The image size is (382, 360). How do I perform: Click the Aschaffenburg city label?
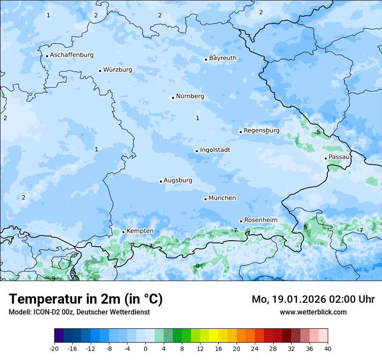(72, 55)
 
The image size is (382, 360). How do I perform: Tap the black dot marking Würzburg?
(100, 71)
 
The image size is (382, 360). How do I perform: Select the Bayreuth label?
(223, 58)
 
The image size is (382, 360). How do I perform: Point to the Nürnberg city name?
(190, 96)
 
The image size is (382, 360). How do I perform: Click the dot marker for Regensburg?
(240, 132)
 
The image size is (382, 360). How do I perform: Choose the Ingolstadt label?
(215, 150)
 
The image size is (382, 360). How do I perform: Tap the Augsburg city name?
(178, 180)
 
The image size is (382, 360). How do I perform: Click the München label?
(222, 198)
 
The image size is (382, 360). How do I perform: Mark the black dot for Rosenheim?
(241, 221)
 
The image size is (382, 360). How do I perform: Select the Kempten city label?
(140, 231)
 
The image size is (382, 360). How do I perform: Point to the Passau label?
(339, 157)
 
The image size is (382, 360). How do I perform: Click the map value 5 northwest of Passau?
(318, 132)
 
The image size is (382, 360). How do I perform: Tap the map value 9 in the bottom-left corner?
(53, 278)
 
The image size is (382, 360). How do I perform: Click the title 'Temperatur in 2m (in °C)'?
(86, 299)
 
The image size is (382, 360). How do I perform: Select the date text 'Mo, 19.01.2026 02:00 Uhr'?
(313, 299)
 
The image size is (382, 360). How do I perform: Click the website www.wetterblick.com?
(313, 312)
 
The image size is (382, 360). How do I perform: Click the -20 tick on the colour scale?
(54, 348)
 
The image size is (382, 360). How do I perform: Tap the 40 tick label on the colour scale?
(327, 348)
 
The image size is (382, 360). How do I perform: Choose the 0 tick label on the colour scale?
(145, 348)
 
